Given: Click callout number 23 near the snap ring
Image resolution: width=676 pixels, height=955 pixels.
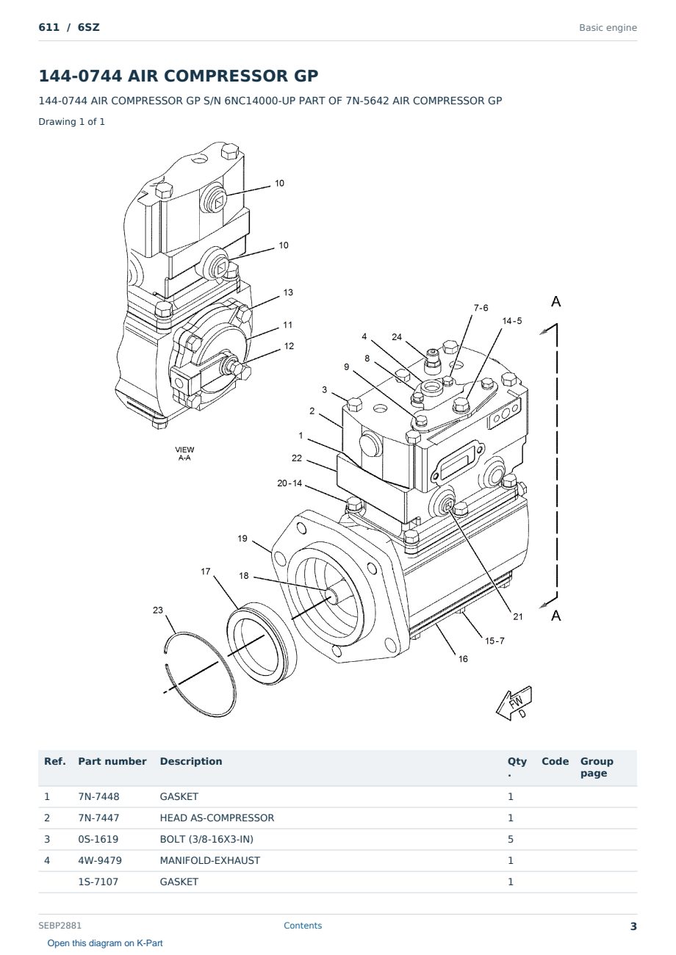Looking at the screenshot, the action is click(158, 610).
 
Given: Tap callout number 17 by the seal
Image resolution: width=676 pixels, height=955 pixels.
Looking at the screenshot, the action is click(206, 572).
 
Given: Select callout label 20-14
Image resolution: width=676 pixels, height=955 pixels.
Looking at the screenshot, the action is click(290, 483).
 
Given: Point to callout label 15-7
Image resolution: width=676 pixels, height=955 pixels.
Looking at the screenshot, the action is click(495, 641).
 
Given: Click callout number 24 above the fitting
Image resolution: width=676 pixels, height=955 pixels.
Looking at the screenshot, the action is click(397, 336).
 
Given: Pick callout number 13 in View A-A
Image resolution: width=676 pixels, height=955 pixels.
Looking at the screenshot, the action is click(288, 292).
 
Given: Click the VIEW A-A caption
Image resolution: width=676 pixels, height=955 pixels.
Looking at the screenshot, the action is click(184, 454).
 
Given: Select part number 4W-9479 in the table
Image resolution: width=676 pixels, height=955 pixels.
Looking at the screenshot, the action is click(100, 860).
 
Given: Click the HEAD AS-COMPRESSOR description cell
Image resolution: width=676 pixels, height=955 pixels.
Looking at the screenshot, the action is click(217, 818).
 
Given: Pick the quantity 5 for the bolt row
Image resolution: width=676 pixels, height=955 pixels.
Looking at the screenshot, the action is click(511, 839).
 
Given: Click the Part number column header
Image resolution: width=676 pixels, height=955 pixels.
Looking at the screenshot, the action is click(112, 762).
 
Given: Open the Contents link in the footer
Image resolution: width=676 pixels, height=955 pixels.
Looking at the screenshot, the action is click(303, 926).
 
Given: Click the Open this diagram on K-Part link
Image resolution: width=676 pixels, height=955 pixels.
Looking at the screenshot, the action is click(105, 943).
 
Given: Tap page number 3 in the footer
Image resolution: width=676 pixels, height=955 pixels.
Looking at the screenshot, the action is click(633, 926).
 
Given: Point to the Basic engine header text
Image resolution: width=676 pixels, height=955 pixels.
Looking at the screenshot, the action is click(608, 28).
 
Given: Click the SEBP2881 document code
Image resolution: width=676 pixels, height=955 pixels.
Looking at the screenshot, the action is click(60, 926).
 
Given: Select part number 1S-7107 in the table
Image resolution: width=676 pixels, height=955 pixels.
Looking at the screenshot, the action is click(98, 882).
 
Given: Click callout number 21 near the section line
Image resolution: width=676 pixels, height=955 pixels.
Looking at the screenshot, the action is click(518, 616).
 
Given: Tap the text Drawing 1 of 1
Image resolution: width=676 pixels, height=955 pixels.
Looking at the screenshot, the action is click(72, 121).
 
